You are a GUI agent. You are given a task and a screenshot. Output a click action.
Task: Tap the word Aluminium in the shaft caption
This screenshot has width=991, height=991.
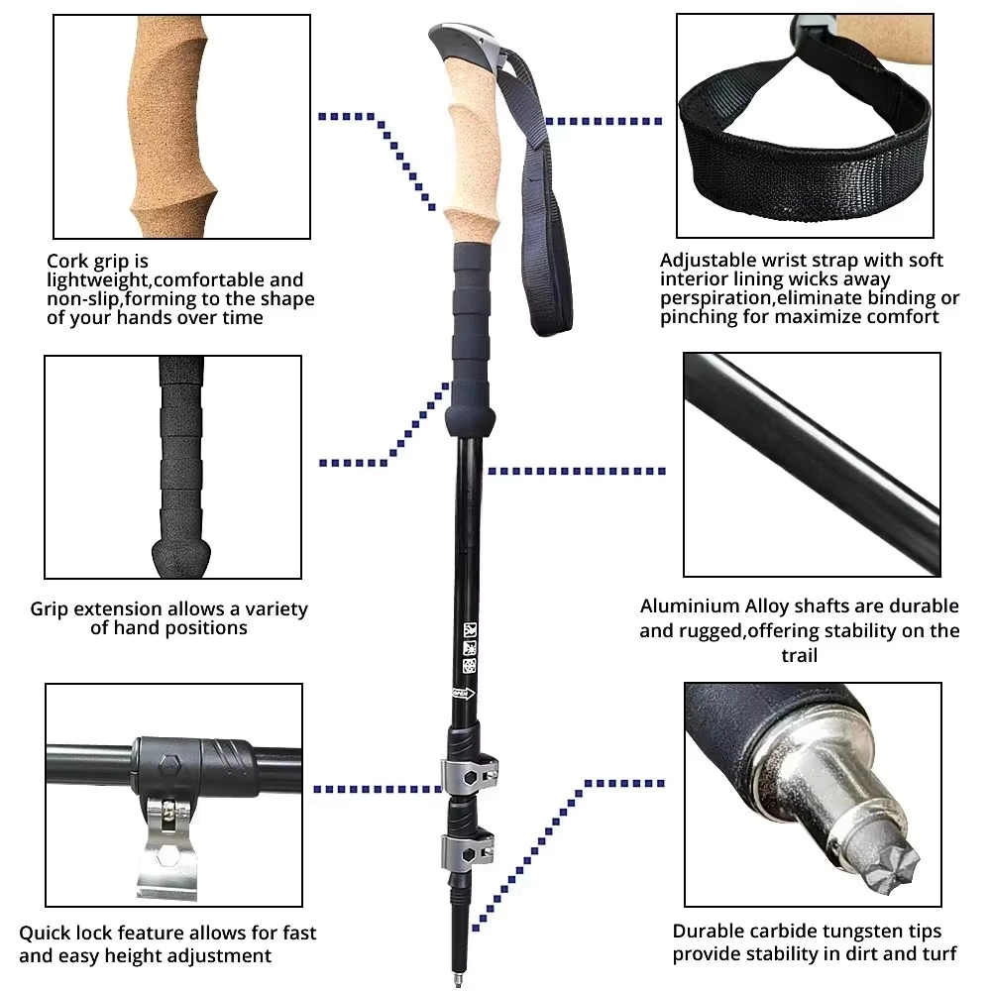coord(690,606)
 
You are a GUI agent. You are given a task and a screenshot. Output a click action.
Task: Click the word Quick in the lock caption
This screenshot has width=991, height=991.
coord(45,933)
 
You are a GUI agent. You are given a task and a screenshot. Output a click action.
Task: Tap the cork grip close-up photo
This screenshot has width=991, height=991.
coord(181,126)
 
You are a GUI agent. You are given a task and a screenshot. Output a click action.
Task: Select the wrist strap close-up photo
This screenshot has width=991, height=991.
coord(805,124)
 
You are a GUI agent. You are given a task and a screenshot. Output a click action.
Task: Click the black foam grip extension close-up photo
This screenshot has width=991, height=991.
coord(173,466)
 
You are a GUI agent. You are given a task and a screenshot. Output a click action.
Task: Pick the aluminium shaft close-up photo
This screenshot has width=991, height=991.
coord(811,466)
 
